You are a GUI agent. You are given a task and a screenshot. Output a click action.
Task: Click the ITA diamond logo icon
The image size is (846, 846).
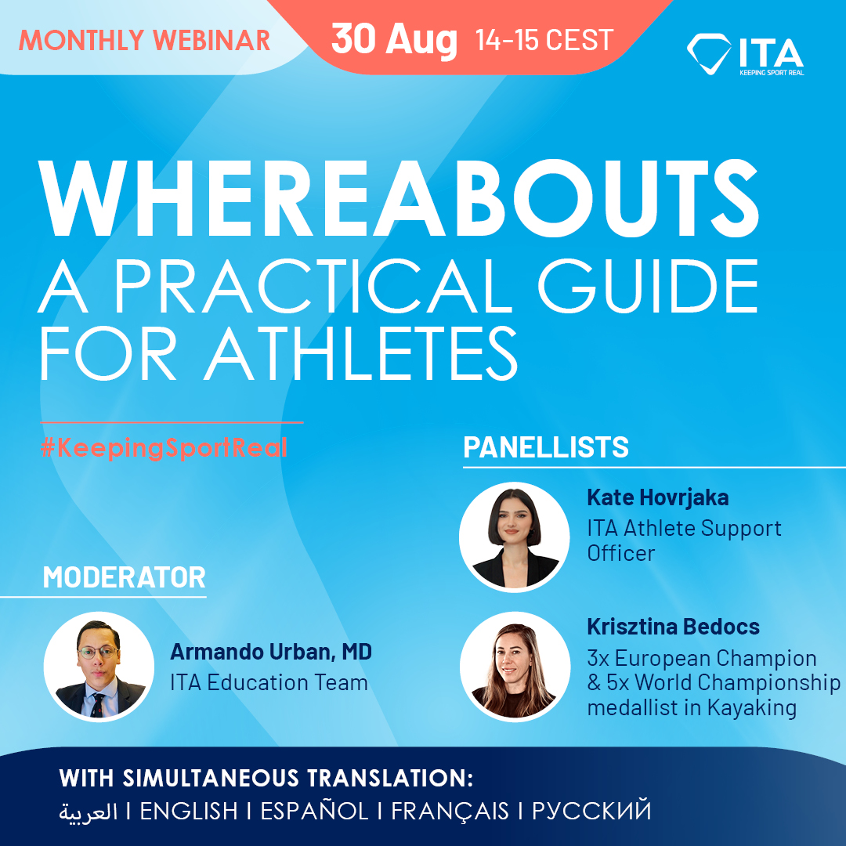coord(708,52)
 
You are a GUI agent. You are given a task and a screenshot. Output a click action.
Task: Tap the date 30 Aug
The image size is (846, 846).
coord(394,39)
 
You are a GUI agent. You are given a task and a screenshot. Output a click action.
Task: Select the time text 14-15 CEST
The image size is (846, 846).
coord(544,40)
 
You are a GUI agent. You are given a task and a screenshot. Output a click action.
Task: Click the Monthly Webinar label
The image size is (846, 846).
coord(145,40)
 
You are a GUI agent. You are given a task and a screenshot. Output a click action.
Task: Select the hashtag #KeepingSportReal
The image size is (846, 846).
coord(164,447)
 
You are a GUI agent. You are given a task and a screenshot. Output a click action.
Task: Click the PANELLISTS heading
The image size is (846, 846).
coord(546,447)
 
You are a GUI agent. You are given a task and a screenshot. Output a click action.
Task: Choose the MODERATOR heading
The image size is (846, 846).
coord(124,577)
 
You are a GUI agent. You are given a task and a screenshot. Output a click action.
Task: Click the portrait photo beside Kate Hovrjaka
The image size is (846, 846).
coord(514,536)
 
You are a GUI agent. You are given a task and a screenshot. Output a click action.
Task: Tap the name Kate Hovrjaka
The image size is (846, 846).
coord(658,497)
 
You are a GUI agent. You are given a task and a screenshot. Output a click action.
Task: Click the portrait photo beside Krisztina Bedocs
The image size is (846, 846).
coord(514,665)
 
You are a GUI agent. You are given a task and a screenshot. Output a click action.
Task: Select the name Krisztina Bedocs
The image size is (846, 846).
coord(673,627)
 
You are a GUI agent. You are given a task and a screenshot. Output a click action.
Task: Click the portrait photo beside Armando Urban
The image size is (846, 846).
coord(99,667)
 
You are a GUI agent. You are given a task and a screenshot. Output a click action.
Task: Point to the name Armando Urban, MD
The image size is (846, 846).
coord(271,652)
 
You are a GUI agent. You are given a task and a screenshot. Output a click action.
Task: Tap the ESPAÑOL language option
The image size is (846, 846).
coord(314,811)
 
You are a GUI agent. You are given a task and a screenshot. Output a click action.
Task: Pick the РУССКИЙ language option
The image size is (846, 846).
coord(591,811)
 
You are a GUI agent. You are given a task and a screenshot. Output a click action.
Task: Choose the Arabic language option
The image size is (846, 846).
coord(89,811)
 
